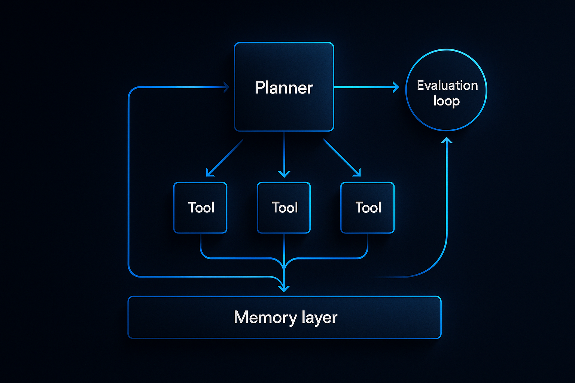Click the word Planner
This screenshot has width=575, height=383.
[x=284, y=88]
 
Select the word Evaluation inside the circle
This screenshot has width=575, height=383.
[x=447, y=85]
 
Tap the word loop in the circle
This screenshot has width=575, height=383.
[x=446, y=101]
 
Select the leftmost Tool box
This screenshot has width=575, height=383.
[x=200, y=208]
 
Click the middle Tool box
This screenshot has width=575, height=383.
[x=284, y=208]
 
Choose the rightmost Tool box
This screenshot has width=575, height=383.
[x=367, y=208]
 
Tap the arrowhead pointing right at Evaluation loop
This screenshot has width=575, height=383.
[x=396, y=87]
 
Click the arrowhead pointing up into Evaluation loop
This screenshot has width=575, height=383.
[x=447, y=140]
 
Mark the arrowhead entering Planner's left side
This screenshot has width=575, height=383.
[x=226, y=87]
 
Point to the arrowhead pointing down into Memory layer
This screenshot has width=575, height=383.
[x=284, y=288]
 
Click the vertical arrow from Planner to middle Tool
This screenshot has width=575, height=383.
[x=284, y=153]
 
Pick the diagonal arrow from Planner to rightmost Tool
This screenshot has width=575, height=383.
[x=341, y=157]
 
